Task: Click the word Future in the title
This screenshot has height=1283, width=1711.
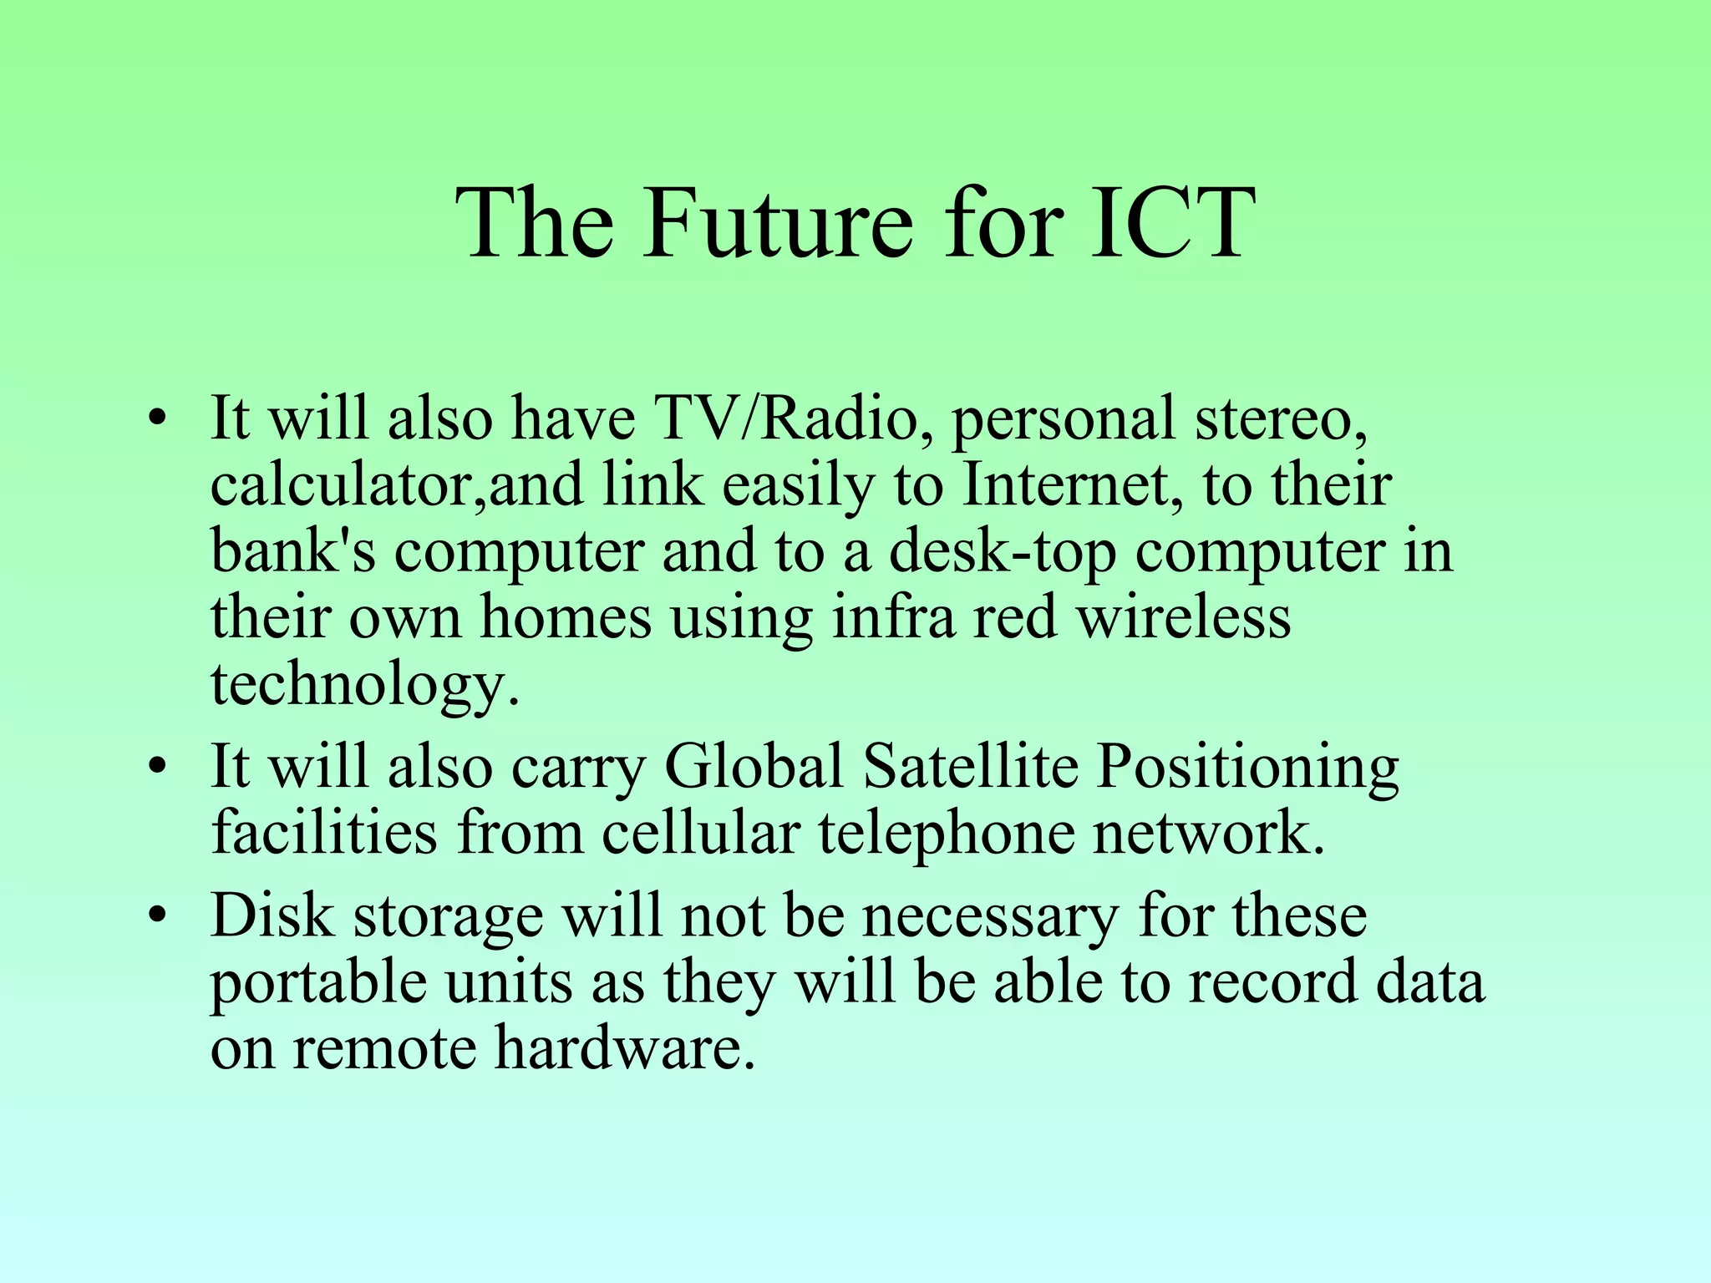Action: pos(777,224)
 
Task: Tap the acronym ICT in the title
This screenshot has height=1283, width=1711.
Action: pos(1173,224)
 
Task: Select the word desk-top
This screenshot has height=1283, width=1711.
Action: pos(1002,551)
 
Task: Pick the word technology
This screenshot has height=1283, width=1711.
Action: pos(364,685)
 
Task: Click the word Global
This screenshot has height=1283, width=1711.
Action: pos(753,766)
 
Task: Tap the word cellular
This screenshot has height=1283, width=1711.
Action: pos(700,833)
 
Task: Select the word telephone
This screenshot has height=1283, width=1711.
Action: pos(945,833)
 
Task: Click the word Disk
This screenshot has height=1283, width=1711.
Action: pos(272,915)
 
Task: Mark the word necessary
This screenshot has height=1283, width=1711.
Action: pos(989,915)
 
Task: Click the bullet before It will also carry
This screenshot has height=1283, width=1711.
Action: pos(155,768)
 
